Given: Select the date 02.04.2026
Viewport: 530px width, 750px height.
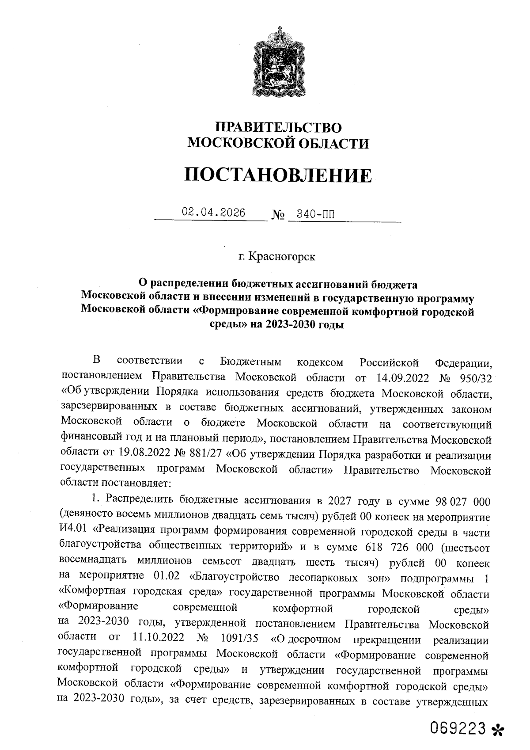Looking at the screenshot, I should (213, 213).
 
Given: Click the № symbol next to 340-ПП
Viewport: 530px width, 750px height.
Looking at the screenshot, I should (278, 216).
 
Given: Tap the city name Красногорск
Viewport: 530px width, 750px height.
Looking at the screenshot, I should (283, 257).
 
